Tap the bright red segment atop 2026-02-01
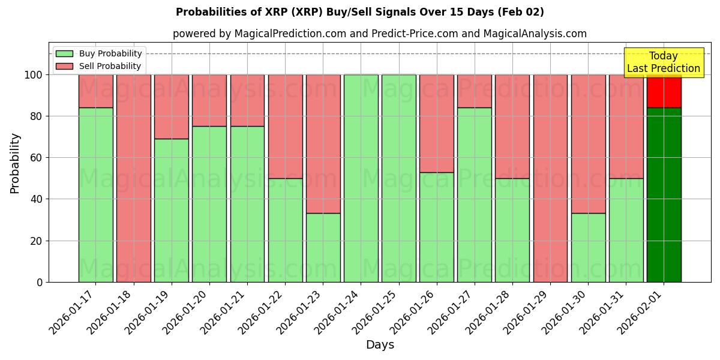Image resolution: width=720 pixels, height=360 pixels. [x=664, y=91]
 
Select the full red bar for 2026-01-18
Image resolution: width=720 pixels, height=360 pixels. [x=133, y=178]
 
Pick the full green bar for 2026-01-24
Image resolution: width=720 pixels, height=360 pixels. [x=361, y=178]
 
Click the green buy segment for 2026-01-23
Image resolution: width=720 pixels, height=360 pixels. [x=323, y=247]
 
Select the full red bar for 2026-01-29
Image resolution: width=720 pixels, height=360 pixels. [x=550, y=178]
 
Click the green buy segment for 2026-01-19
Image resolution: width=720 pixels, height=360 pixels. [x=171, y=210]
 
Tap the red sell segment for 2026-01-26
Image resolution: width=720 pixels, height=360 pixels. [x=436, y=123]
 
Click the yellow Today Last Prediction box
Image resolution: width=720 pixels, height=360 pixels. [x=663, y=62]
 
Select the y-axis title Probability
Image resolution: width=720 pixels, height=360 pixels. [x=15, y=163]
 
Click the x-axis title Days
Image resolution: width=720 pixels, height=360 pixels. [x=380, y=345]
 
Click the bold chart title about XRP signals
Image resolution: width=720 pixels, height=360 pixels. [x=360, y=12]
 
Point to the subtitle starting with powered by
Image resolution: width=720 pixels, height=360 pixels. [x=379, y=34]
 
